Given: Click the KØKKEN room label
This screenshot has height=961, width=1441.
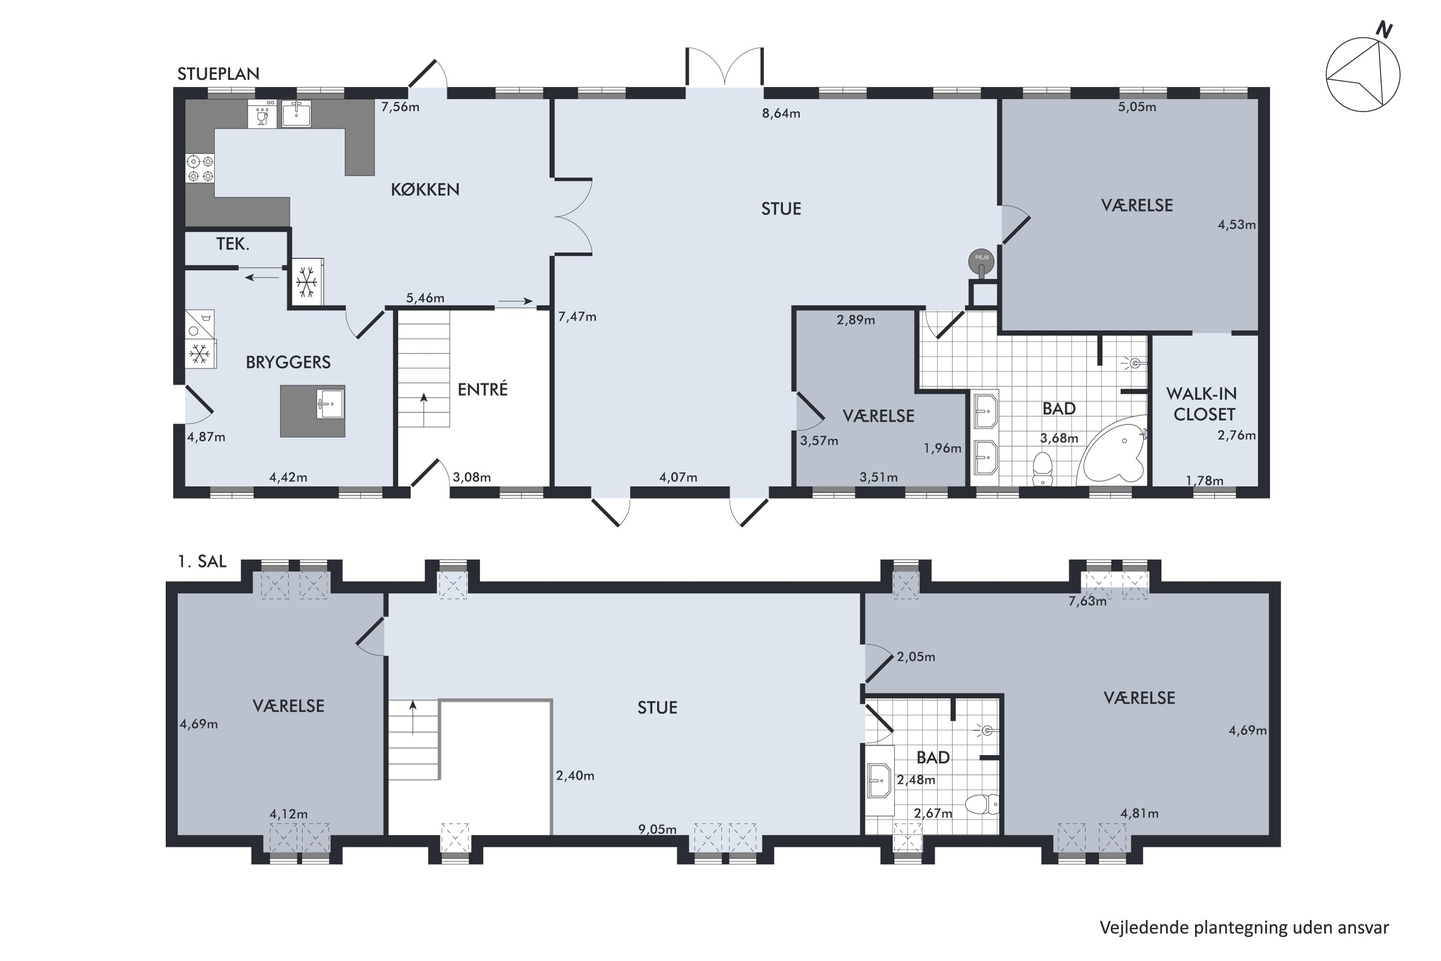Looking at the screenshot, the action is (425, 189).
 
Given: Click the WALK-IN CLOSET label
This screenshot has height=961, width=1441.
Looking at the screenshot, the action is (1203, 404).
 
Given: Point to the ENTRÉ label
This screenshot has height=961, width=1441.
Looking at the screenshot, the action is (483, 389).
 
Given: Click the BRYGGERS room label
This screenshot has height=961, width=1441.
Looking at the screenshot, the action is (288, 362).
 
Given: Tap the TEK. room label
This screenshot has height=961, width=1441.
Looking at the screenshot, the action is (233, 244).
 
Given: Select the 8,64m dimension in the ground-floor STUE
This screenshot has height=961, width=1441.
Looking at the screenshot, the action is (781, 113).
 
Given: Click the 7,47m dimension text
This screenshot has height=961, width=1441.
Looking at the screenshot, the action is (577, 317).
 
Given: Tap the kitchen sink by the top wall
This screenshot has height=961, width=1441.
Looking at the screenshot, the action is (296, 114).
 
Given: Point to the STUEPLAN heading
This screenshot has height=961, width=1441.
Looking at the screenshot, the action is (218, 74).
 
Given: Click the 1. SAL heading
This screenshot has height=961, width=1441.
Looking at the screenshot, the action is (202, 561).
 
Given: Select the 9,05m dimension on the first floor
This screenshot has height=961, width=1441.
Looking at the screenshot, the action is (658, 830).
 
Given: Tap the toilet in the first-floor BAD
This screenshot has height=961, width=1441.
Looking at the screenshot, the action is (982, 804).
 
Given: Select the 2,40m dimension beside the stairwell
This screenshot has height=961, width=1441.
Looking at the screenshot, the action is (575, 776).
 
